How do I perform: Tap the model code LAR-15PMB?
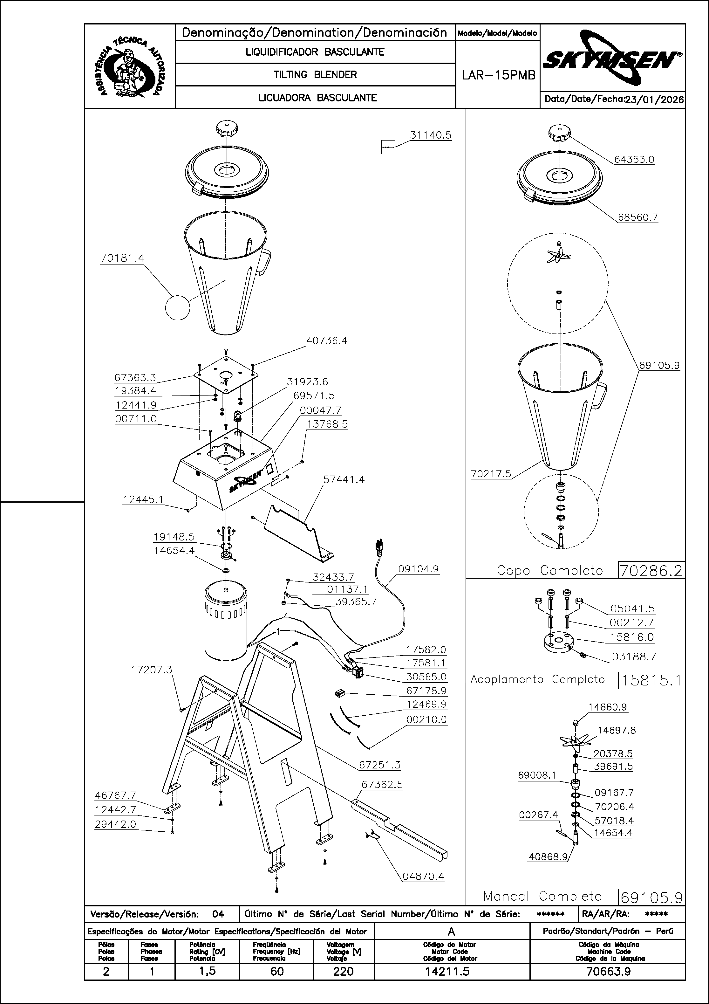[x=498, y=76]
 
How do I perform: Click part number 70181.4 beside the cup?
[x=122, y=258]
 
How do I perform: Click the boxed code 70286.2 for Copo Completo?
[x=651, y=571]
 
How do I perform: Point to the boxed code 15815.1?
[x=651, y=680]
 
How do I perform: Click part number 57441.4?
[x=344, y=480]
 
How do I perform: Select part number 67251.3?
[x=379, y=765]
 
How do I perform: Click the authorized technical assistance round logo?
[x=130, y=67]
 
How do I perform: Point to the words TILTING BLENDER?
[x=315, y=75]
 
